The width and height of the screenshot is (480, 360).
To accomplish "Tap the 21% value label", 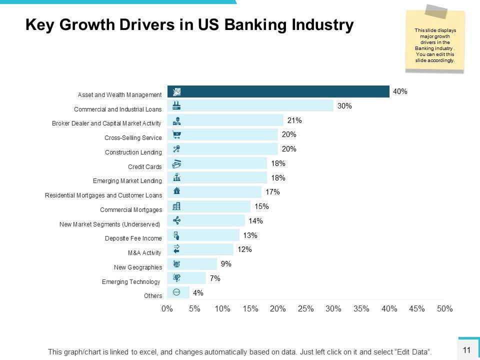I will [x=294, y=120].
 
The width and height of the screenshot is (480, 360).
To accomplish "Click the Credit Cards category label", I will [x=145, y=166].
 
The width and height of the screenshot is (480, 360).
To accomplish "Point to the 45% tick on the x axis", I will [x=416, y=309].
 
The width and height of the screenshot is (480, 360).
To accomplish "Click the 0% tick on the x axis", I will [x=167, y=309].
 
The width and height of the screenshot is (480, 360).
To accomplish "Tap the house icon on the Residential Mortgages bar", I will [x=176, y=190].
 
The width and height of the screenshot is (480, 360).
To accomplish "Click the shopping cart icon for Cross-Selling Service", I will [x=176, y=134].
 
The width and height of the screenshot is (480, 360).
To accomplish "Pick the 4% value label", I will [x=198, y=293].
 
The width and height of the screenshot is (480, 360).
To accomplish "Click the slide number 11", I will [x=467, y=350].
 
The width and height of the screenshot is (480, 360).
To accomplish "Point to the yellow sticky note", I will [x=434, y=42].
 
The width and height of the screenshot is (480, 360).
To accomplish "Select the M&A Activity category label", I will [x=145, y=253].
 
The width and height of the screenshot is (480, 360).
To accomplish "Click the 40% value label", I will [x=400, y=91].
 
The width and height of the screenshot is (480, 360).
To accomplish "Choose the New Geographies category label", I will [x=138, y=267].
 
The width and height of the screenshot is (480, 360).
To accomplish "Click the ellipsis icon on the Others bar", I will [x=176, y=292].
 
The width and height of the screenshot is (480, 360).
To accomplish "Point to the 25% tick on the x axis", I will [x=305, y=309].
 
